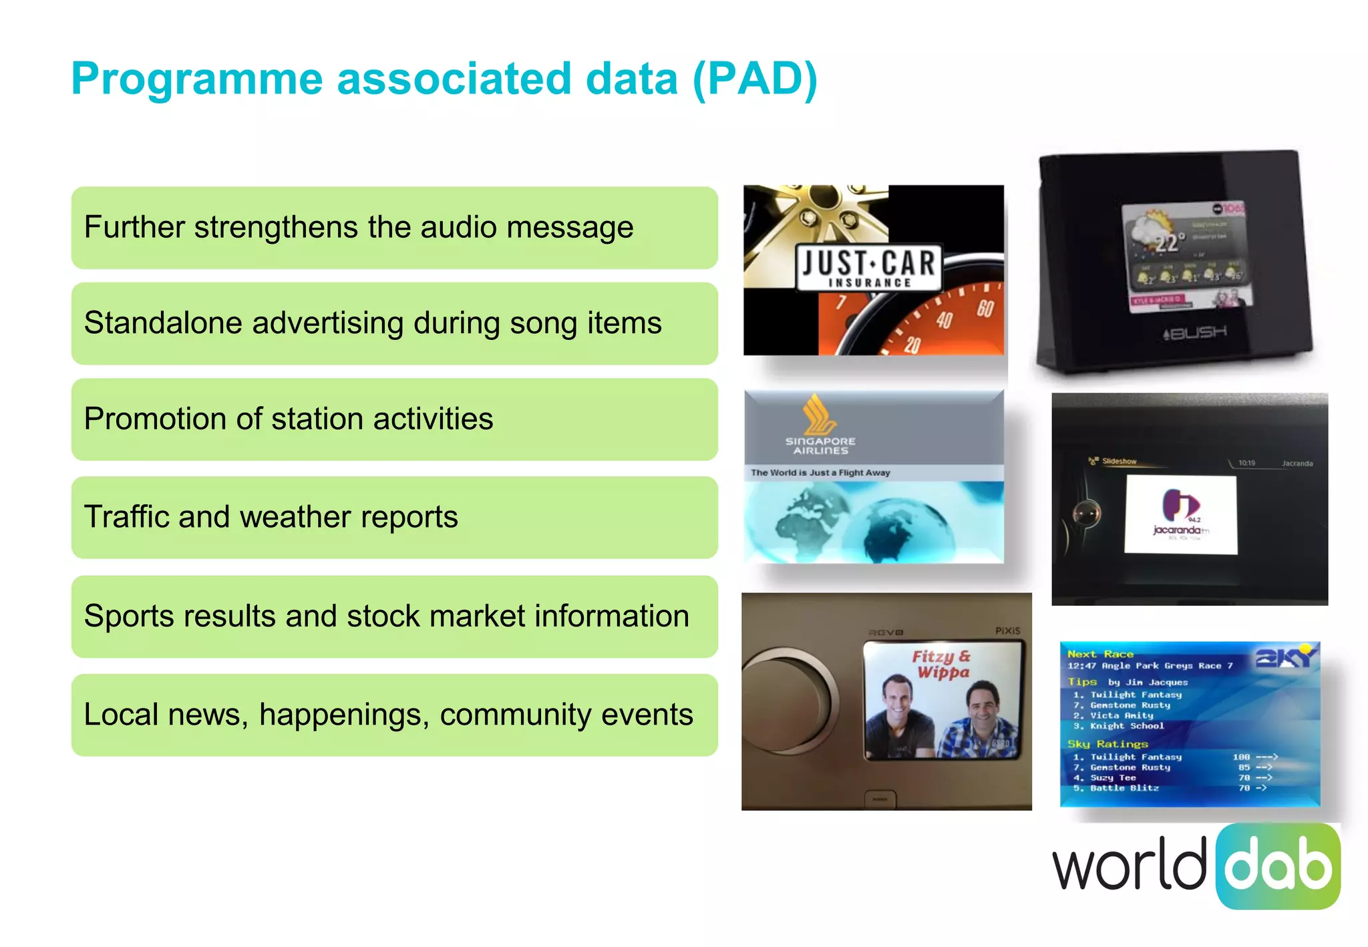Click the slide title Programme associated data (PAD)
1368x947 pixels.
coord(444,79)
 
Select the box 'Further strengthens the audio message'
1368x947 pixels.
coord(394,228)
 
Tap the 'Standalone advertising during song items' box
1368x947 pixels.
coord(394,324)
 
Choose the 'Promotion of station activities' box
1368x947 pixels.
coord(394,419)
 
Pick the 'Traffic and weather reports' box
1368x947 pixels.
coord(394,518)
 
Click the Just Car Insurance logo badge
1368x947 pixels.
coord(868,268)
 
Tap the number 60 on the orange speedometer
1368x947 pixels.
coord(985,308)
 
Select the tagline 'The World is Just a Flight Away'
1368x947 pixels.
coord(820,473)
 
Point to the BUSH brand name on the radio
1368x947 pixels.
coord(1195,332)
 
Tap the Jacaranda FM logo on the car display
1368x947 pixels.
coord(1180,514)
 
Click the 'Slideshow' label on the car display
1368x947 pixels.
coord(1118,461)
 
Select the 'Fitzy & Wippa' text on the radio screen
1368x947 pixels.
coord(941,665)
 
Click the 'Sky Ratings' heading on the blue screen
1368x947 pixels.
coord(1107,744)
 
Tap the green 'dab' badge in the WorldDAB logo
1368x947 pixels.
coord(1278,866)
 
